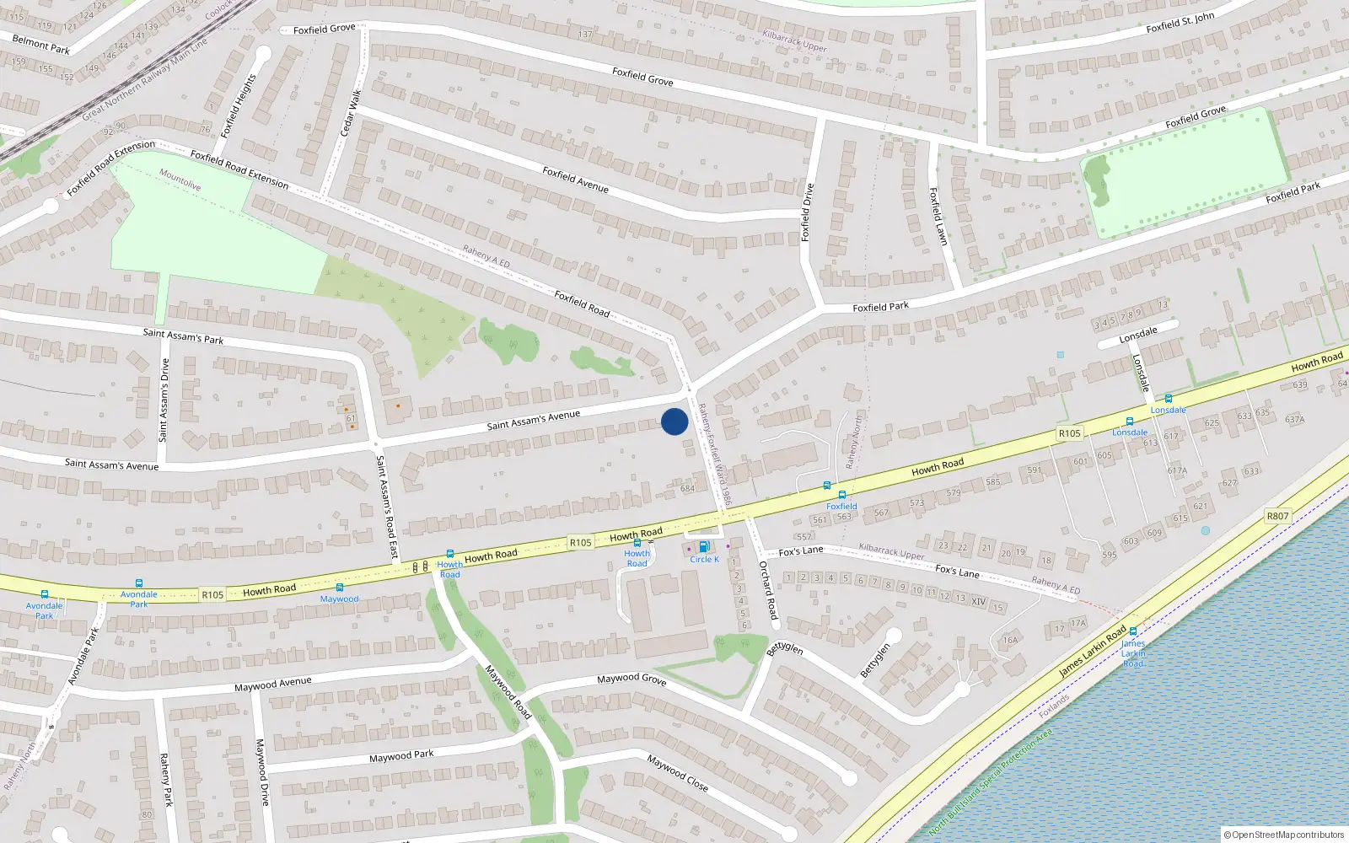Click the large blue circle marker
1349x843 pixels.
674,421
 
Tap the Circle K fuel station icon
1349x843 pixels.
704,546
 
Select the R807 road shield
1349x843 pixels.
1277,516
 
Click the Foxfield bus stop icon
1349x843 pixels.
841,495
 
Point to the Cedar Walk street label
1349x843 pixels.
351,113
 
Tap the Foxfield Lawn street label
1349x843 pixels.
938,217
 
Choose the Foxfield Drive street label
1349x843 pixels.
808,212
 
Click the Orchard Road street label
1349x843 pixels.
768,590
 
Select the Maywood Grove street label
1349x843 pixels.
632,679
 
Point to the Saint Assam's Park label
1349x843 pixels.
183,336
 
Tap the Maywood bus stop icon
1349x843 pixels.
340,588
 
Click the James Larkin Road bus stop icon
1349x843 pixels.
1133,631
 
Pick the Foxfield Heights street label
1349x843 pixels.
238,106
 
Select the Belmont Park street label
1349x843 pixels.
41,45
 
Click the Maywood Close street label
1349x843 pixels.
678,772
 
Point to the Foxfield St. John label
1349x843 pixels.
1180,23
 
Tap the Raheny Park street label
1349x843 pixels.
166,780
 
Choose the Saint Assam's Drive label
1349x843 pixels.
164,400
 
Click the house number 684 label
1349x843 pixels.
688,488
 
